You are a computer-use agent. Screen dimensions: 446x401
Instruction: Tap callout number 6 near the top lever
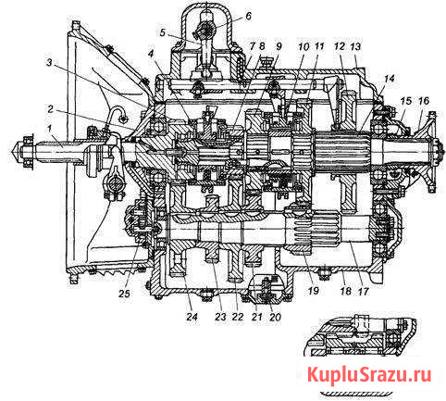(248, 16)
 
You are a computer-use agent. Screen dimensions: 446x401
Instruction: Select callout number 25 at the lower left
(124, 294)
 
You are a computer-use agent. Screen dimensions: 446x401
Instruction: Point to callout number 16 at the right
(424, 101)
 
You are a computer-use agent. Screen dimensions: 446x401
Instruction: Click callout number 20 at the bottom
(275, 317)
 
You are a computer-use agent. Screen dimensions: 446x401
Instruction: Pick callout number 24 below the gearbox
(192, 317)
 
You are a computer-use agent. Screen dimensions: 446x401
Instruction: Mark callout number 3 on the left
(49, 63)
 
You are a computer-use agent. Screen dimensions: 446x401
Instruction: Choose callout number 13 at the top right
(355, 47)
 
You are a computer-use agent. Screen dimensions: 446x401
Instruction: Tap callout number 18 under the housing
(345, 291)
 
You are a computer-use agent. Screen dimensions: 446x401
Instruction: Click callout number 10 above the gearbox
(304, 47)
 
